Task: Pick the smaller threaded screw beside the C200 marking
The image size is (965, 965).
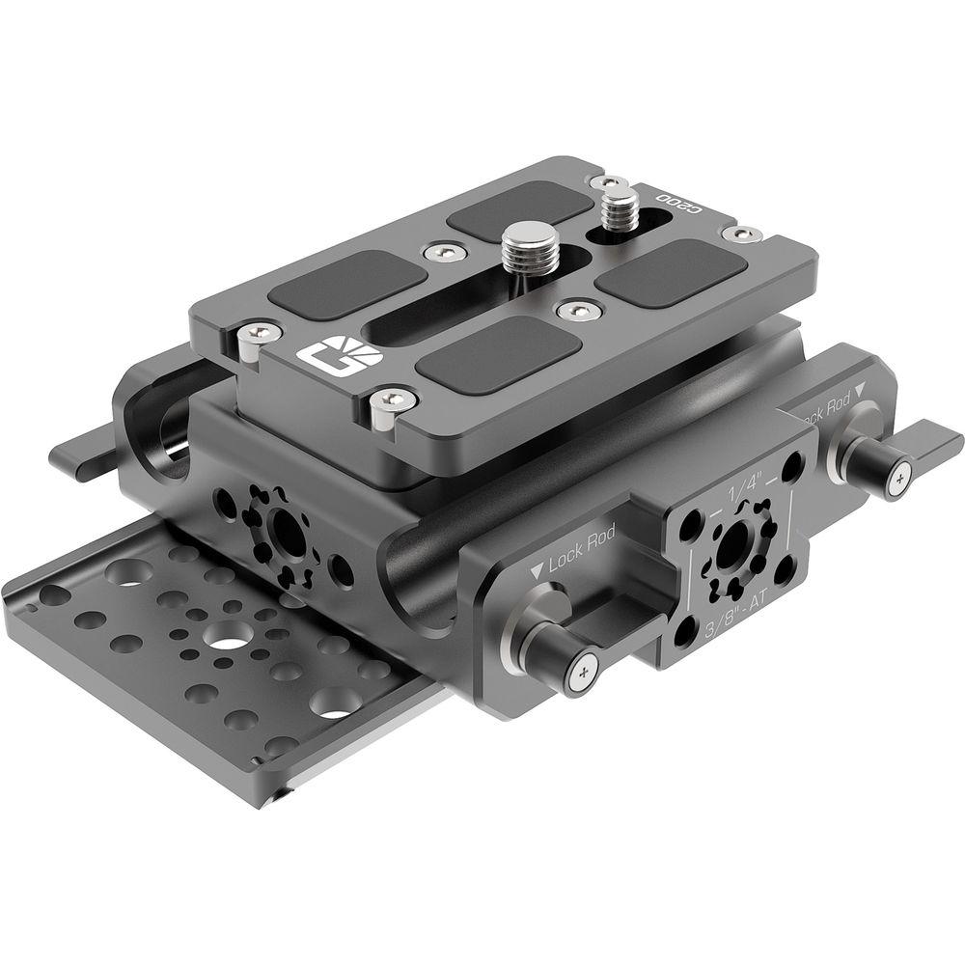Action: [616, 207]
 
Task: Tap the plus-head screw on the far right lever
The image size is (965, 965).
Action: [898, 474]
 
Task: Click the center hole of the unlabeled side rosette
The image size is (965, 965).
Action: [285, 529]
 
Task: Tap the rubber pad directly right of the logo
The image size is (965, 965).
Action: [498, 353]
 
